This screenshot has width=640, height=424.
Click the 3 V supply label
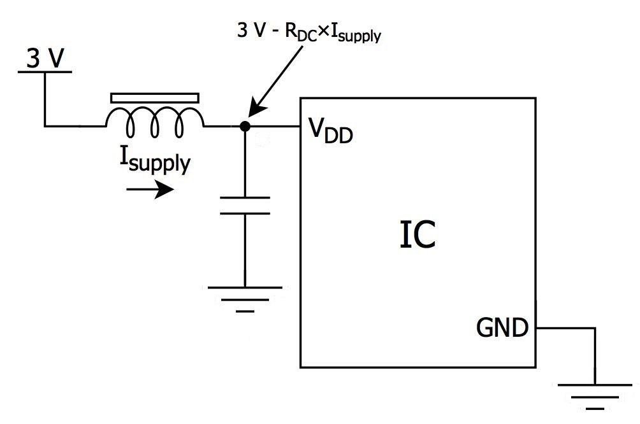click(x=45, y=59)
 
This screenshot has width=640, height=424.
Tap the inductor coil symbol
click(x=156, y=122)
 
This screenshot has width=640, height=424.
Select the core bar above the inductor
click(x=155, y=98)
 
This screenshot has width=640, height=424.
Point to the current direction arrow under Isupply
click(x=150, y=189)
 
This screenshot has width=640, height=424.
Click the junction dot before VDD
click(x=244, y=126)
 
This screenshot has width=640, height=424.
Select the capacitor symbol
click(x=244, y=205)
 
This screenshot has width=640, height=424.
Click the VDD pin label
click(x=330, y=131)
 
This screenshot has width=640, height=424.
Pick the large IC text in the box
click(x=418, y=234)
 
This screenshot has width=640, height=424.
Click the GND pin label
click(x=502, y=329)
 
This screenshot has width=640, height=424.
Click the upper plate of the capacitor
click(x=244, y=197)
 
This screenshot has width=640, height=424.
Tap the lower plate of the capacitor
click(x=244, y=213)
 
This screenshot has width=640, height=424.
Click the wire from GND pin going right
click(x=564, y=329)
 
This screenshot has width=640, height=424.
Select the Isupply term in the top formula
click(x=357, y=34)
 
